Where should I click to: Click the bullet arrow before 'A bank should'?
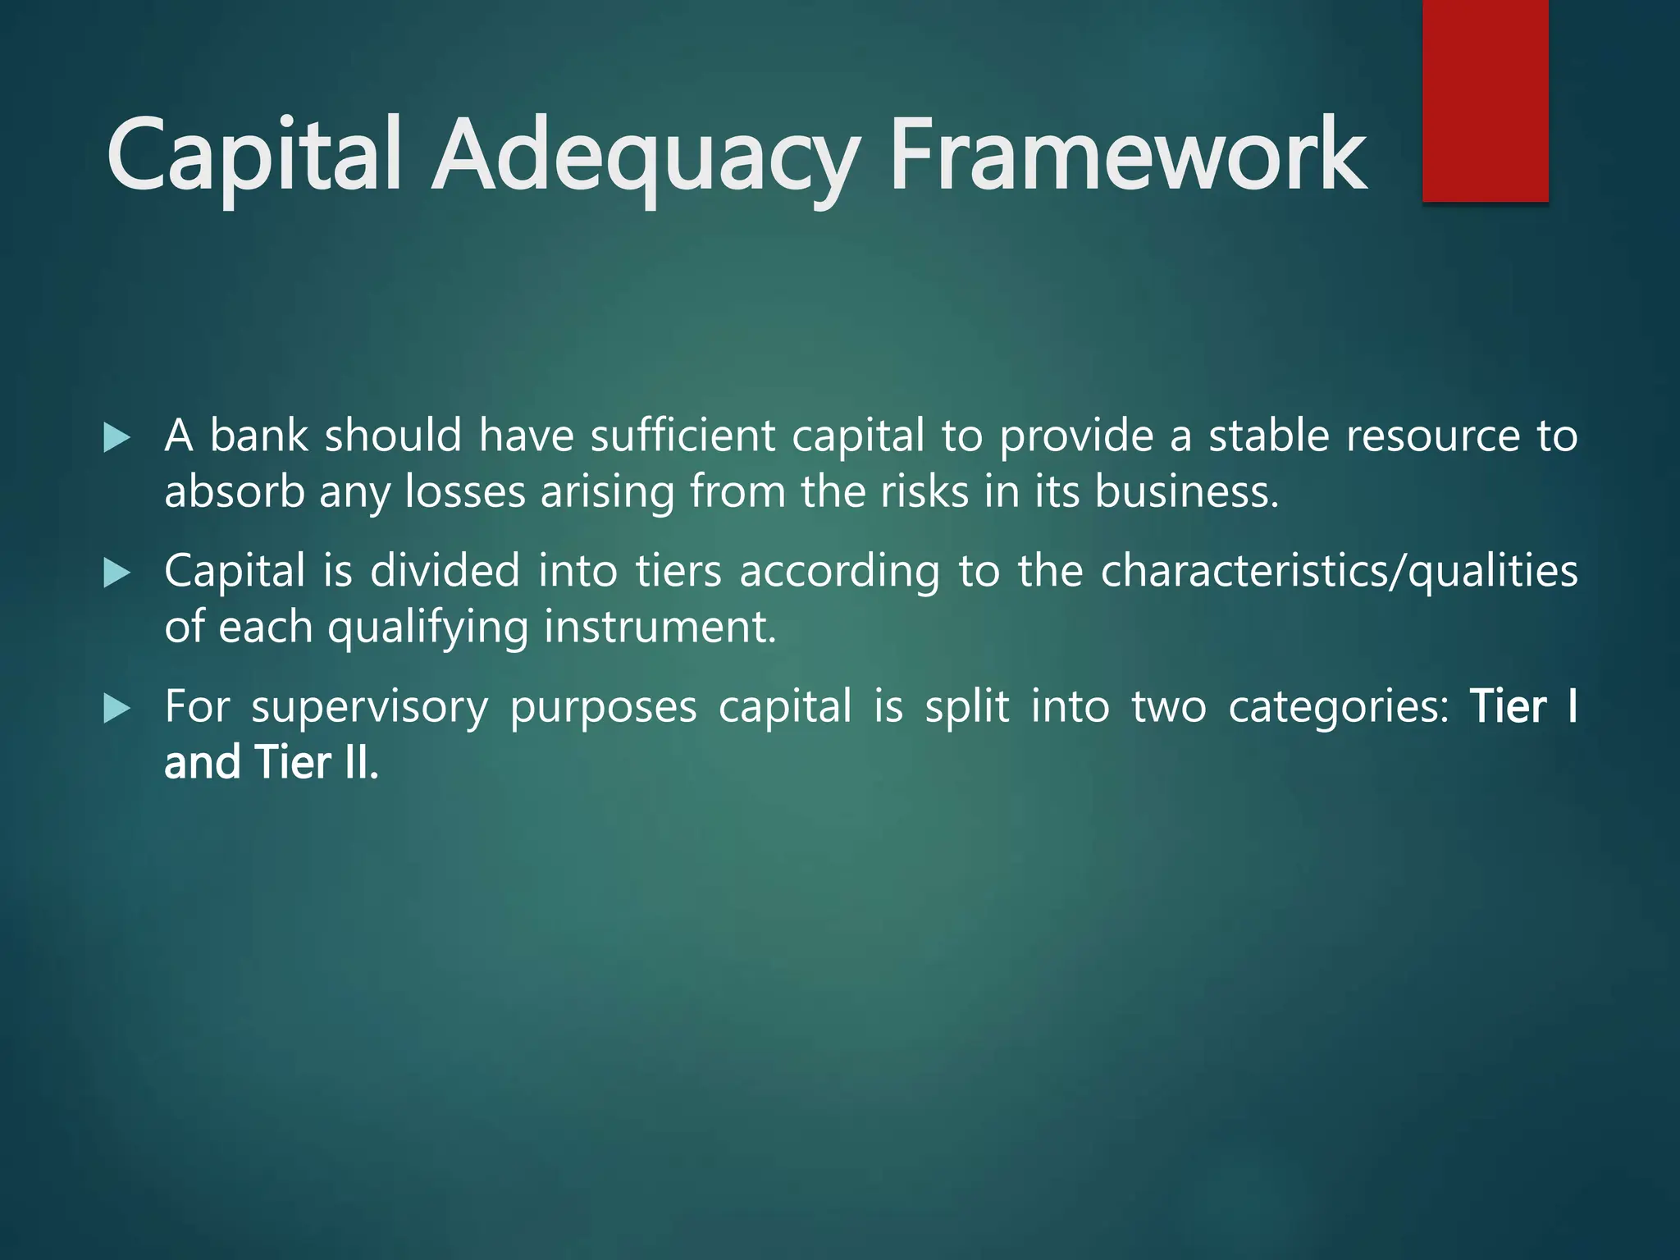(x=117, y=438)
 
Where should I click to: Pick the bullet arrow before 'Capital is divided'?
(x=117, y=573)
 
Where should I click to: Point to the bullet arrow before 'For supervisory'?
(x=117, y=709)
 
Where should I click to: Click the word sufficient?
(x=682, y=436)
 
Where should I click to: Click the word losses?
(x=465, y=492)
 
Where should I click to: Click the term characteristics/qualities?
(x=1339, y=573)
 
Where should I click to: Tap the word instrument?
(x=660, y=628)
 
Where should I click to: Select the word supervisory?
(x=369, y=708)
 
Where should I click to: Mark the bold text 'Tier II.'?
(x=317, y=762)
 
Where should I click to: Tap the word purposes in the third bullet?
(x=603, y=708)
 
